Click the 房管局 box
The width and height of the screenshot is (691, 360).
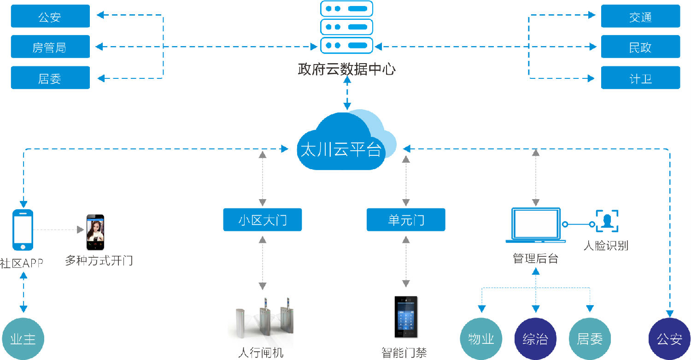coord(50,47)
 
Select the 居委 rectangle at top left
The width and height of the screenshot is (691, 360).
coord(50,78)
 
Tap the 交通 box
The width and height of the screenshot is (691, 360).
coord(640,17)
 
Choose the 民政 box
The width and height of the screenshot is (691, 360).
coord(640,47)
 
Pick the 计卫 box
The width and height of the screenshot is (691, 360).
coord(640,78)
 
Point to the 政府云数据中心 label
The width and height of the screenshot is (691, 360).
coord(346,70)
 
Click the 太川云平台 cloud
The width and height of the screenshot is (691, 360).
coord(343,143)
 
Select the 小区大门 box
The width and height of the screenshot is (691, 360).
coord(263,219)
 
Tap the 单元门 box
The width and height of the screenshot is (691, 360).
coord(406,219)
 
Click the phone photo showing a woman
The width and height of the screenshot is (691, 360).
coord(95,232)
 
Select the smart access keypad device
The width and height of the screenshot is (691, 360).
coord(406,317)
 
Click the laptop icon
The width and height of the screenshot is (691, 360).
coord(536,225)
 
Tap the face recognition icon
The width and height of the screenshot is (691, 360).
coord(607,221)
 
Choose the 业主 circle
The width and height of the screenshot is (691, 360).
coord(23,339)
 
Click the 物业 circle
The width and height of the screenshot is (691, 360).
coord(481,339)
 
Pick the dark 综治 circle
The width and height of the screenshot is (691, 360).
coord(535,339)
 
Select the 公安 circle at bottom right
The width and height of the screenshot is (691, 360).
coord(669,339)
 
